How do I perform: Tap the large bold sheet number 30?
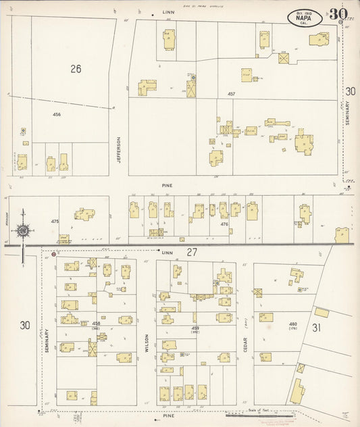tap(338, 14)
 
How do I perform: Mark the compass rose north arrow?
tap(22, 232)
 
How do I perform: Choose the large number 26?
tap(75, 68)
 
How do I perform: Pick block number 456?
tap(57, 115)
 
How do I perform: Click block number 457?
tap(231, 94)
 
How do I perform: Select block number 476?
tap(224, 224)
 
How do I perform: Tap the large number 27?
tap(192, 253)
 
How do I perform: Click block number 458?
tap(96, 324)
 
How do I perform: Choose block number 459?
tap(196, 328)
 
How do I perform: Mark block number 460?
tap(293, 324)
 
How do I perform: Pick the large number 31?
tap(316, 328)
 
